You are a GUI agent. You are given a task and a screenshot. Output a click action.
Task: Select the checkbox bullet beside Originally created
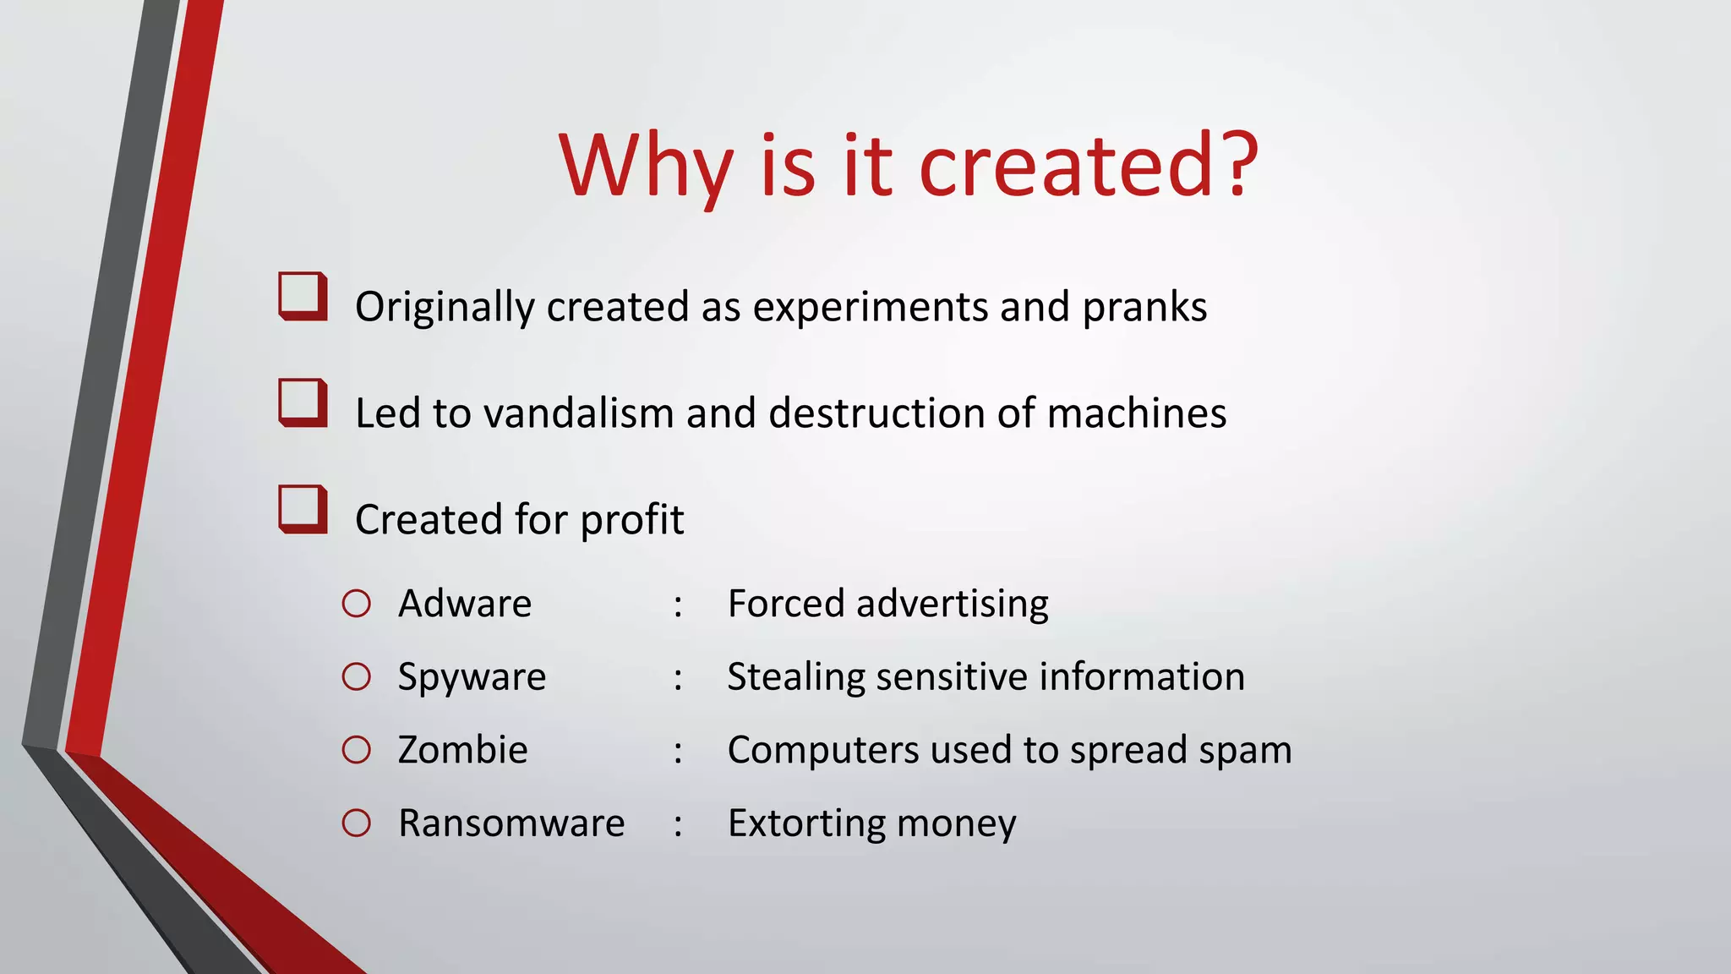point(303,296)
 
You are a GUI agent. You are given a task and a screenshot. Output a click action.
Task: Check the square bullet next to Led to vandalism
point(303,402)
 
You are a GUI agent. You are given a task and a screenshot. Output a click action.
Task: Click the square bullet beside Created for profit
point(303,509)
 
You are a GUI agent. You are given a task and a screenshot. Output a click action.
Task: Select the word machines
point(1137,413)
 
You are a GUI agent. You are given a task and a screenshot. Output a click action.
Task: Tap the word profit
point(632,520)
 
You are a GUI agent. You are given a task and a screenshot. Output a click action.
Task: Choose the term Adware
point(465,604)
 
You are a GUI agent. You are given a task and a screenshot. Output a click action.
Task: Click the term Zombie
point(462,750)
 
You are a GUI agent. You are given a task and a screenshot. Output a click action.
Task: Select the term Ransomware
point(511,824)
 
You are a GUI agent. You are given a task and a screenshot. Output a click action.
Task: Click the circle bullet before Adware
point(357,604)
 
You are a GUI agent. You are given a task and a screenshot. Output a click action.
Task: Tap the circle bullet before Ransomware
point(357,824)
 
